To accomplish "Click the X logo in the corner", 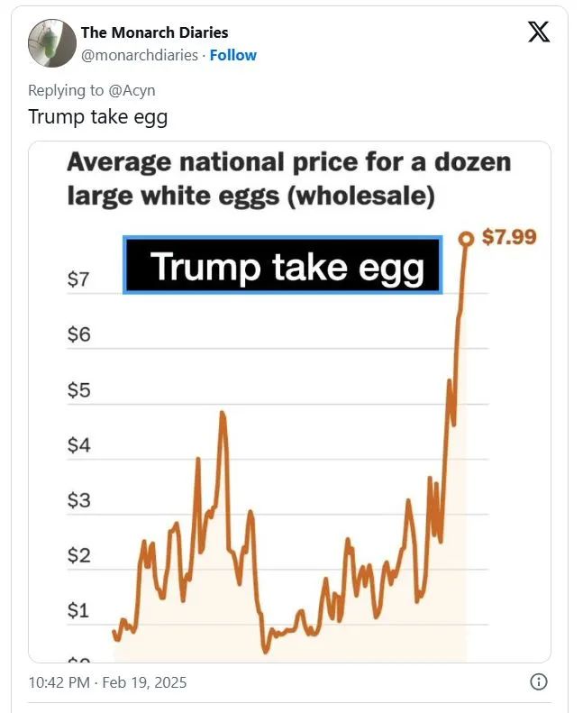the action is click(x=539, y=32).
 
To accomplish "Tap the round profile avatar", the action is click(x=52, y=43).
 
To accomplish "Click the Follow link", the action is click(x=233, y=55).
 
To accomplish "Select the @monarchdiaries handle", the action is click(x=140, y=55).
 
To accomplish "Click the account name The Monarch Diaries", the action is click(x=154, y=32).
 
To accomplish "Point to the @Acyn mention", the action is click(x=132, y=90).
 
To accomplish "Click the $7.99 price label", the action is click(x=509, y=237).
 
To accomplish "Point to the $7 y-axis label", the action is click(x=78, y=279).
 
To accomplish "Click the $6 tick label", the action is click(x=78, y=334).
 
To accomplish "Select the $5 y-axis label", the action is click(x=78, y=389).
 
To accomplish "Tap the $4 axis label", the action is click(x=78, y=444).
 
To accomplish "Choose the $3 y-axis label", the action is click(x=78, y=499).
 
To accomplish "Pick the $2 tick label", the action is click(x=78, y=554).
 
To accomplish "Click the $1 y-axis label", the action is click(x=78, y=609).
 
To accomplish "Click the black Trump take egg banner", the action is click(x=283, y=265).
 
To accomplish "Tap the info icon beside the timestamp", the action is click(x=539, y=682).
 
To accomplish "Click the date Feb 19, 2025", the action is click(x=144, y=682).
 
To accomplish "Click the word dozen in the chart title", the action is click(x=472, y=162).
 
